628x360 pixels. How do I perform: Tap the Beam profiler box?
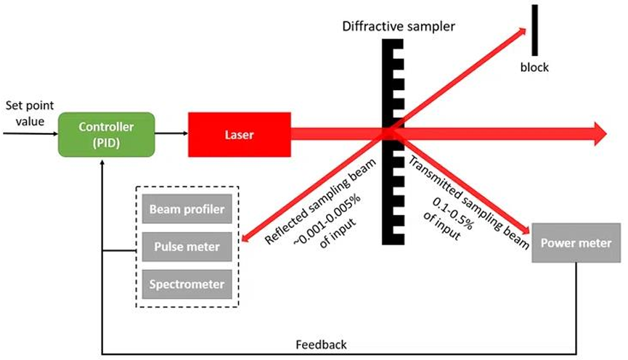click(x=187, y=211)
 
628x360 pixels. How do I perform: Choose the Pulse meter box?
click(x=187, y=247)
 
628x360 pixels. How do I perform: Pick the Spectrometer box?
click(x=187, y=284)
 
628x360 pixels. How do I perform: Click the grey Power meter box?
click(x=576, y=243)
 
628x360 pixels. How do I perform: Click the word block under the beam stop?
click(x=535, y=67)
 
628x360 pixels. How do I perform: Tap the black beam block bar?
click(x=535, y=30)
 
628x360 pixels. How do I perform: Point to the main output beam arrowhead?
click(x=600, y=132)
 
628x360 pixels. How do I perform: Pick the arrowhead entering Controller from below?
click(x=102, y=163)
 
